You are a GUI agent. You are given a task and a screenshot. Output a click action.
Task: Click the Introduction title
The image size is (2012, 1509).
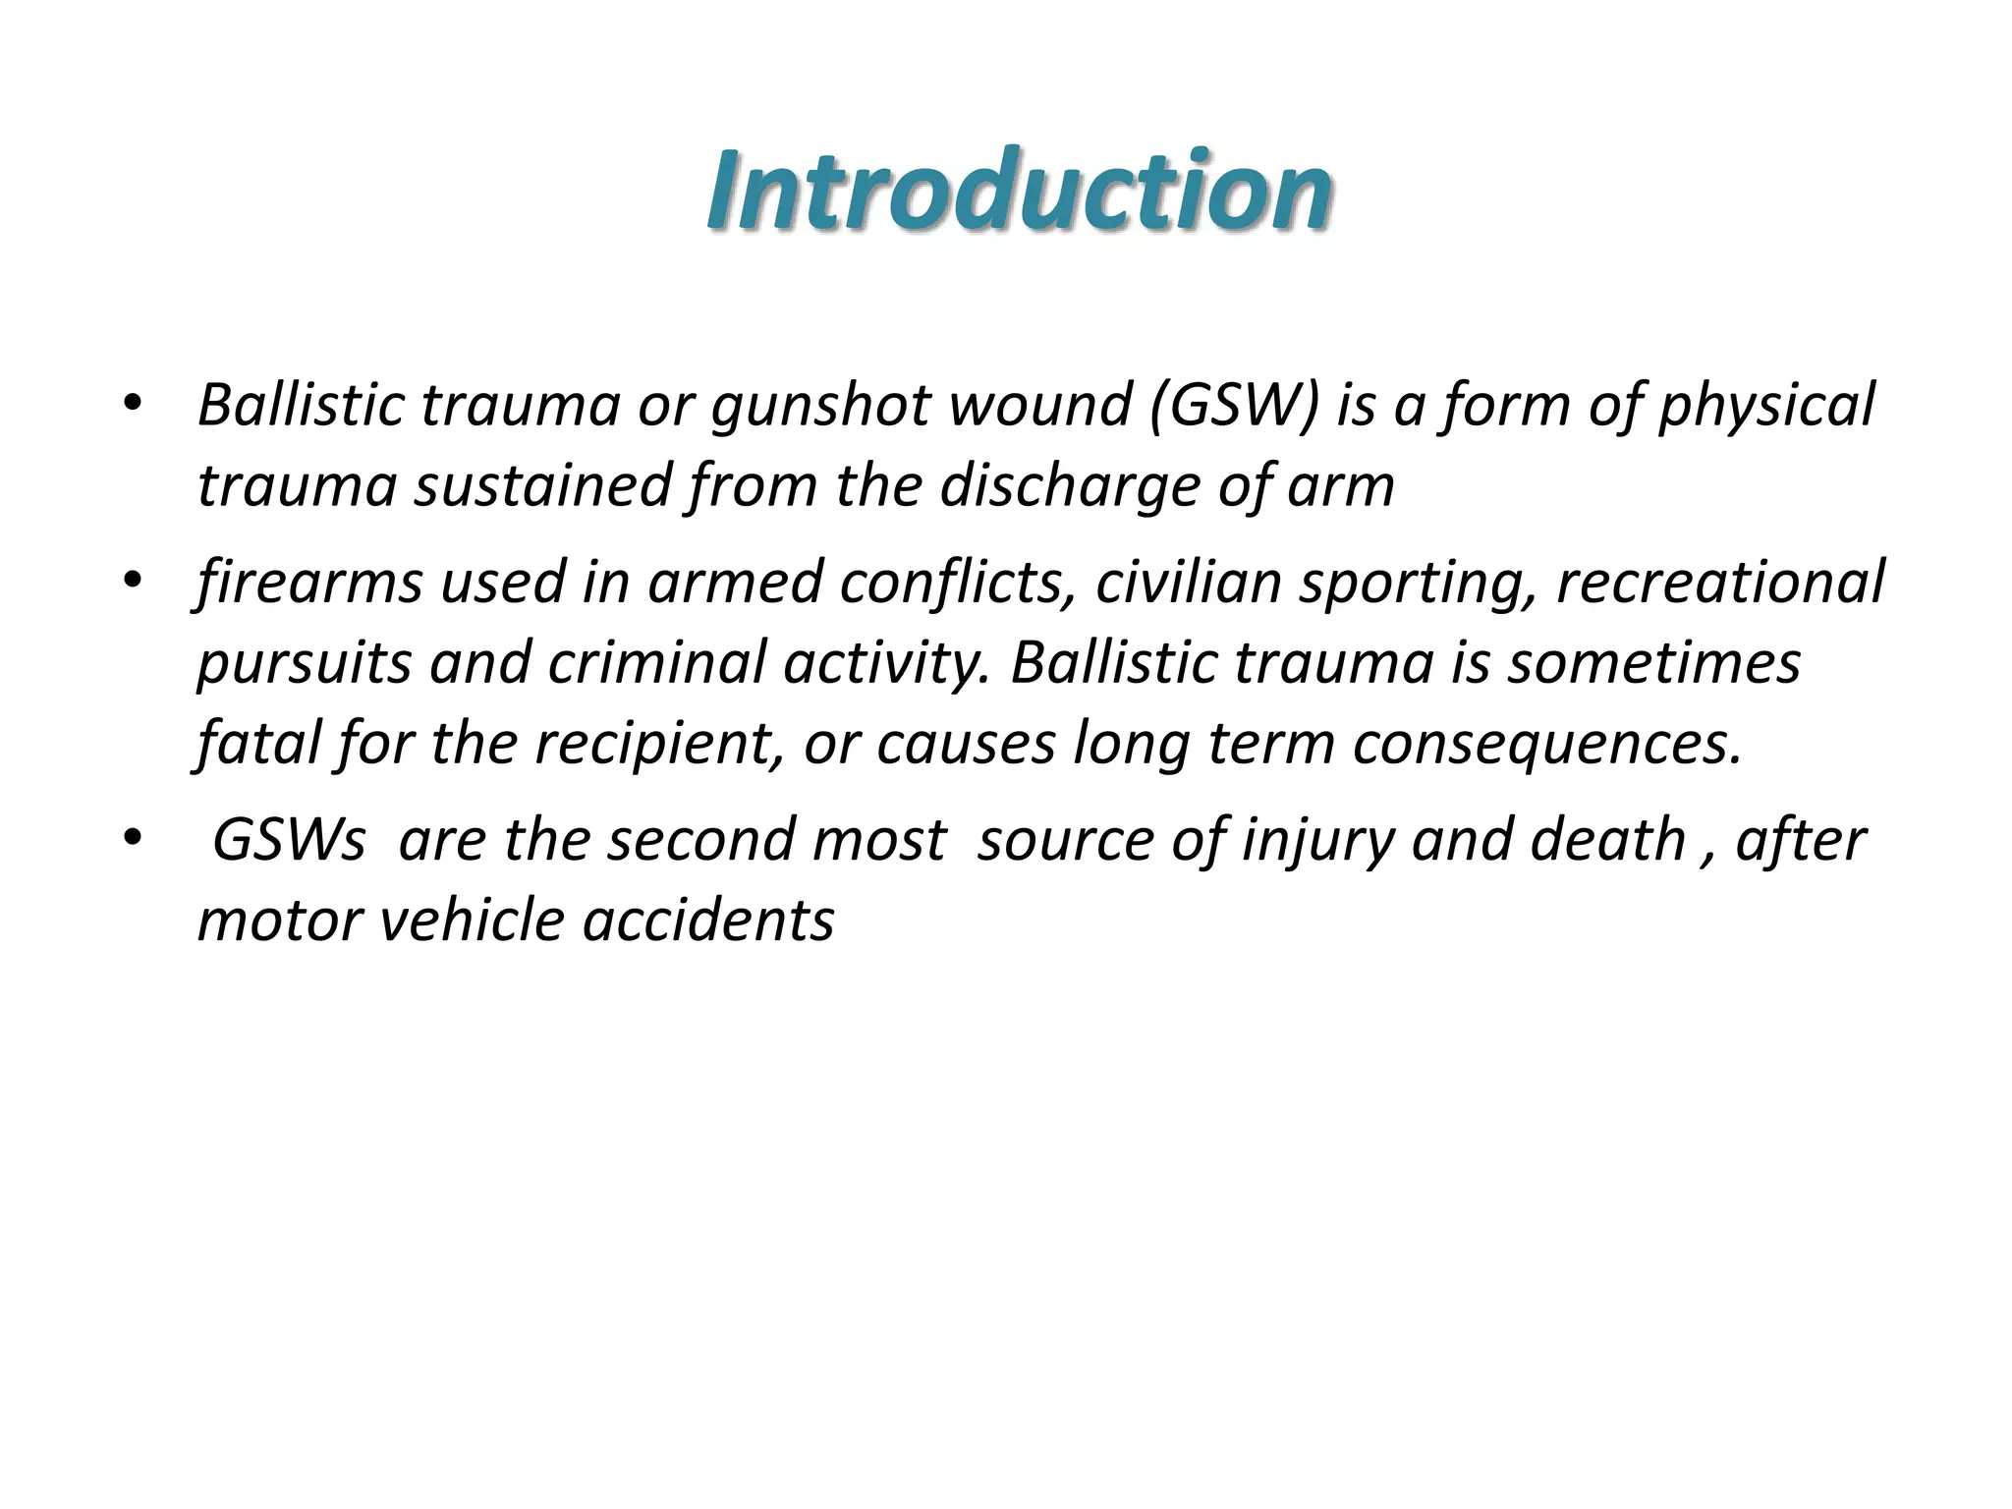pos(1019,190)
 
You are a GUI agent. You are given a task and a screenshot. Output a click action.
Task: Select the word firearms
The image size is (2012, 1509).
pos(308,583)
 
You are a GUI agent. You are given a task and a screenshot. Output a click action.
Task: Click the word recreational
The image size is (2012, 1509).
pos(1720,583)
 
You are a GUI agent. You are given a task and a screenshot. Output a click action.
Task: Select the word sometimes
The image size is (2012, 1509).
pos(1654,663)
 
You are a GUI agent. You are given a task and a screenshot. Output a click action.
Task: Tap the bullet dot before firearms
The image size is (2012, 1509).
pos(134,580)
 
